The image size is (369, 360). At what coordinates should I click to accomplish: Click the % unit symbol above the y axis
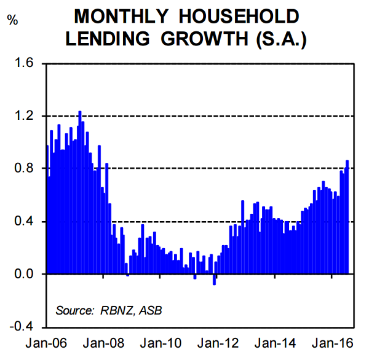[13, 20]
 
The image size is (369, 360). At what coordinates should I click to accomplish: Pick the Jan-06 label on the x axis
[47, 345]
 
